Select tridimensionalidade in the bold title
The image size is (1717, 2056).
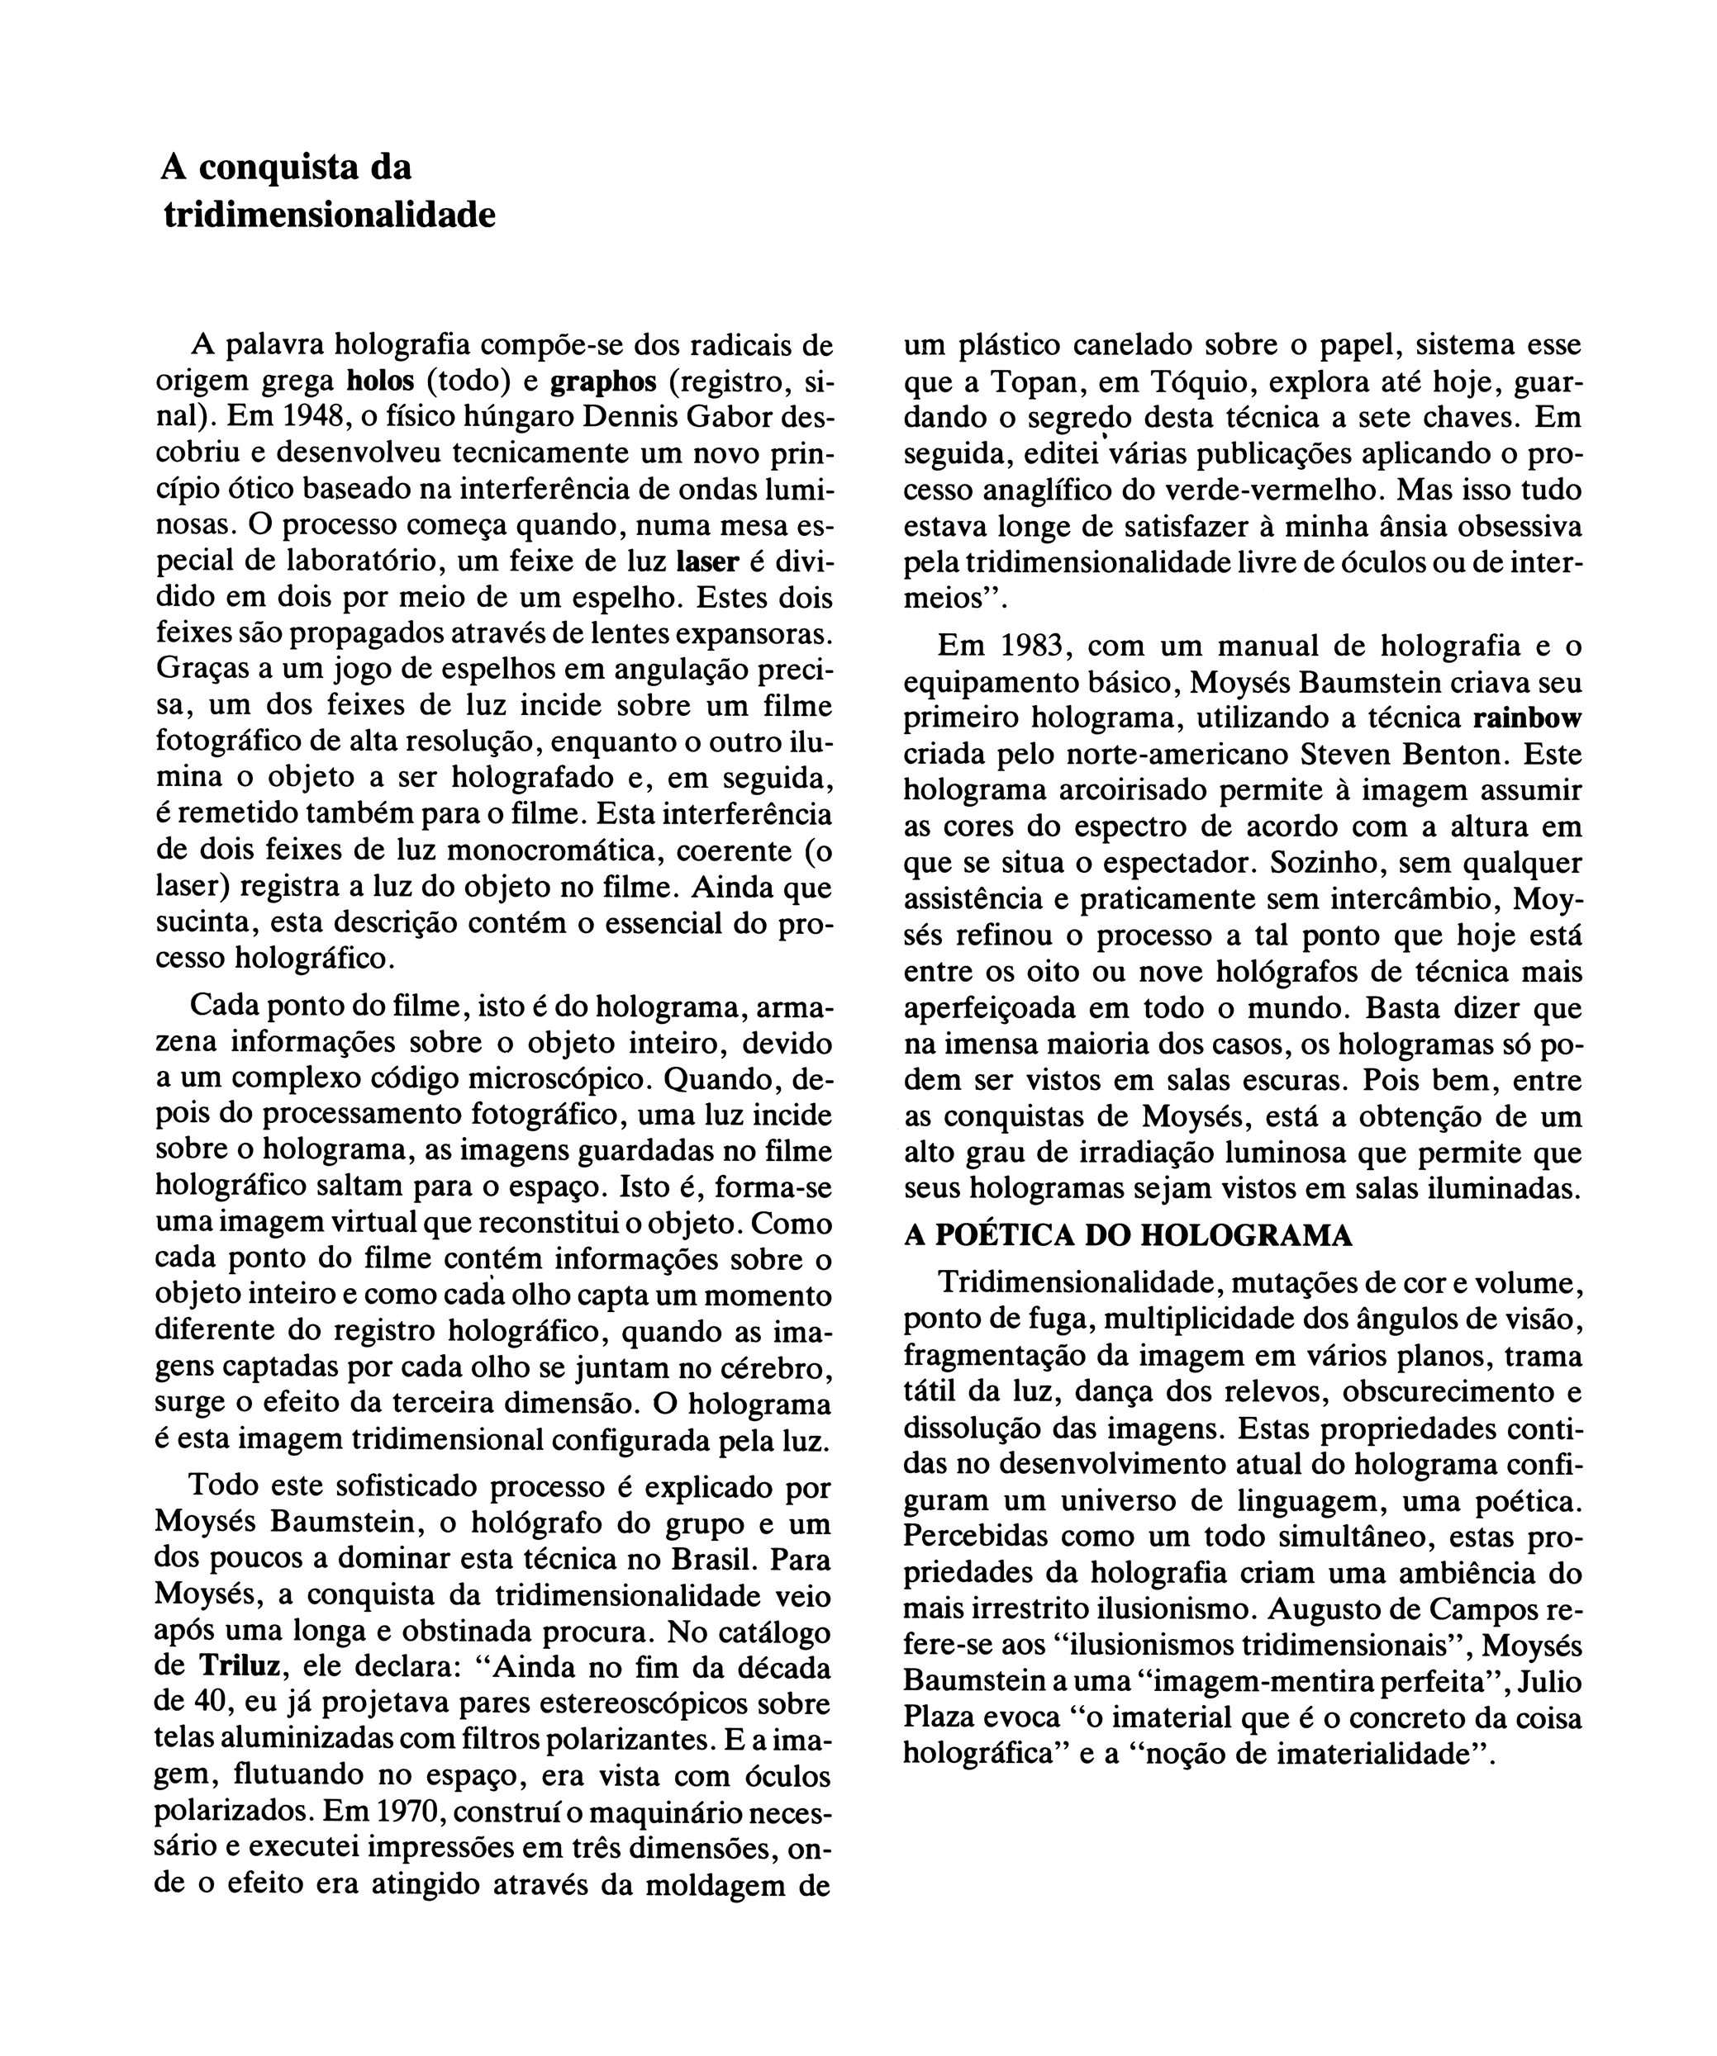click(329, 215)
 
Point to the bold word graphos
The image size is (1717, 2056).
click(604, 381)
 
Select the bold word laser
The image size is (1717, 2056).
click(708, 562)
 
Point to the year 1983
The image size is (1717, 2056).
click(1034, 647)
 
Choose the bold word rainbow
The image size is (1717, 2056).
click(1527, 718)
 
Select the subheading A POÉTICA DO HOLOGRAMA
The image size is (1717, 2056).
click(1127, 1237)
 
